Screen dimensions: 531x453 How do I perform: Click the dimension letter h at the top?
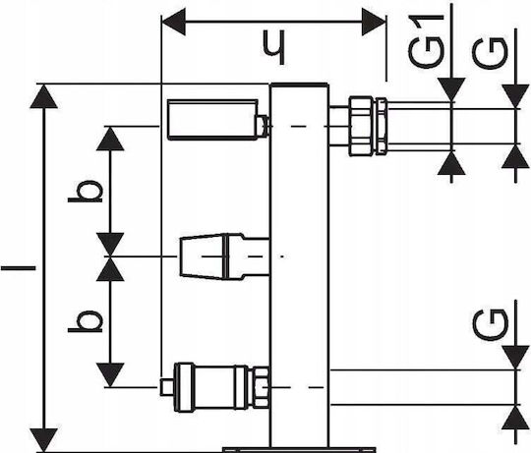click(x=274, y=48)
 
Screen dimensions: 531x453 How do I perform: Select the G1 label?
click(x=426, y=41)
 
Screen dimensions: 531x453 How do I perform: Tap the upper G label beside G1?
click(x=490, y=53)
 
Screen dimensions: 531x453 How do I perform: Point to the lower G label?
click(x=490, y=325)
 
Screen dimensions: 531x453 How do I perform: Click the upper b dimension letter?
click(x=85, y=192)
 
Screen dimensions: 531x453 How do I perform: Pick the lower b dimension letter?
click(x=85, y=321)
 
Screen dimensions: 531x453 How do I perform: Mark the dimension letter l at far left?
click(x=18, y=268)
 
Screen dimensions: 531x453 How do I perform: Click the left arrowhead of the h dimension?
click(x=174, y=22)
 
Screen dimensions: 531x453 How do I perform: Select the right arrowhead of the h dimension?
click(x=374, y=22)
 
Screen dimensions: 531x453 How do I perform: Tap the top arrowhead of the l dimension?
click(x=43, y=96)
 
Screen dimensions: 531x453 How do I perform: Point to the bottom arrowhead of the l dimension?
click(x=43, y=440)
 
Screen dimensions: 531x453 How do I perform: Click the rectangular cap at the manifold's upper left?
click(x=212, y=120)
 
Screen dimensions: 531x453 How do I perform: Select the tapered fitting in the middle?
click(x=224, y=256)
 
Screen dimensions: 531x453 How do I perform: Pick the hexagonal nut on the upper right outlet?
click(x=361, y=126)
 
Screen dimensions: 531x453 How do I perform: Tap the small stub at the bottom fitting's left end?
click(x=166, y=387)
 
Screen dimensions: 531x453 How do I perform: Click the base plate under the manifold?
click(x=299, y=450)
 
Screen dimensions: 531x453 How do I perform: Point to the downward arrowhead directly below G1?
click(x=451, y=89)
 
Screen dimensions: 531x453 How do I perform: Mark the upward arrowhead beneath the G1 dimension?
click(x=451, y=163)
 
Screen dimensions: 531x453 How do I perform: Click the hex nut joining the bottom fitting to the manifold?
click(x=261, y=387)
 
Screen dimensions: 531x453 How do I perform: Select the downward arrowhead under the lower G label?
click(x=515, y=358)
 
